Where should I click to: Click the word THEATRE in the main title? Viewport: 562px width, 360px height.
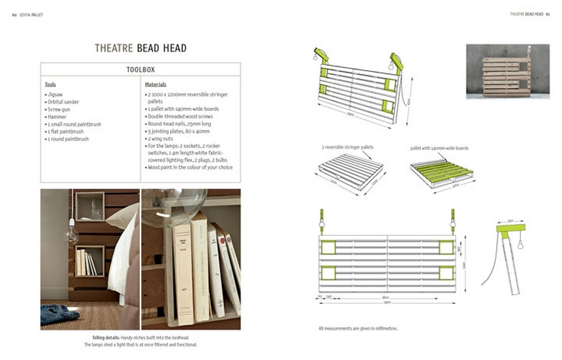pos(113,49)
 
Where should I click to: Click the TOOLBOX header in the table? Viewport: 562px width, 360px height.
pos(140,69)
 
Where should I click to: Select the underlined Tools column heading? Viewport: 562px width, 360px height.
pos(50,85)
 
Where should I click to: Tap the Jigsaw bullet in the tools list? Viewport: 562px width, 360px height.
pos(55,95)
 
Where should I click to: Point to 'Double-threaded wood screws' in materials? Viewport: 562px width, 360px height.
pos(182,117)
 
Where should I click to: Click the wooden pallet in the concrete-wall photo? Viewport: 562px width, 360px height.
pos(506,76)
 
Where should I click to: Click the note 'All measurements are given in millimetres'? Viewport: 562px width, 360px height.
pos(358,328)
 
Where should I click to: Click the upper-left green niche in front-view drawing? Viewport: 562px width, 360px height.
pos(328,246)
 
